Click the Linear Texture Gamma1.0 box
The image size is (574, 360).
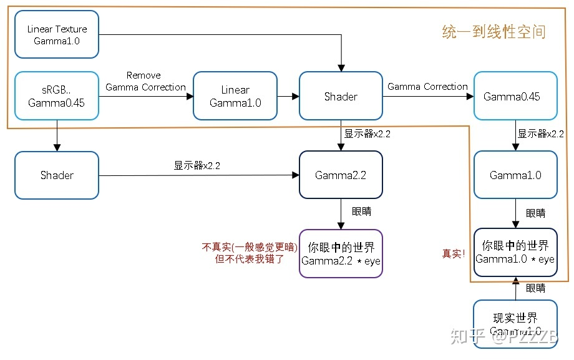click(x=57, y=35)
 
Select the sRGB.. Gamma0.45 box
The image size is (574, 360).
click(x=57, y=96)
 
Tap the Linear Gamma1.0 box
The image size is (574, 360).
click(x=235, y=96)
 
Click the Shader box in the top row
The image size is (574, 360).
click(x=341, y=96)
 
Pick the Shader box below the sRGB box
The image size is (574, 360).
click(x=57, y=175)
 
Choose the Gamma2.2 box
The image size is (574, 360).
click(x=341, y=175)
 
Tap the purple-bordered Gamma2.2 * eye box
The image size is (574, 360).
click(x=341, y=253)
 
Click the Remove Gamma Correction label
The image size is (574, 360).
click(x=145, y=81)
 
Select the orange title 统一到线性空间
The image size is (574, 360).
click(x=494, y=32)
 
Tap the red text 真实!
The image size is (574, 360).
click(x=454, y=254)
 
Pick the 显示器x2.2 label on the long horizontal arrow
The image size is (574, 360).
click(x=197, y=166)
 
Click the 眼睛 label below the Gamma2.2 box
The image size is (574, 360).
click(x=361, y=212)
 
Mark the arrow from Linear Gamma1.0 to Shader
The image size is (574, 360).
click(x=288, y=97)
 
